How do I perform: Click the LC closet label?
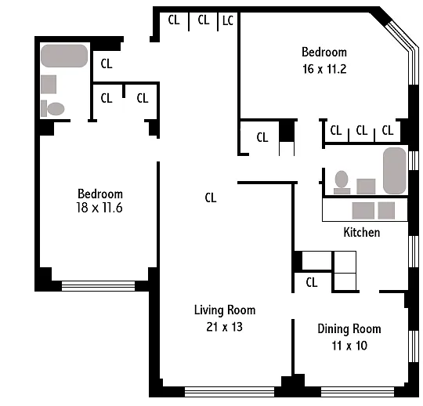[228, 20]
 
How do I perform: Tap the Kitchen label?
[362, 233]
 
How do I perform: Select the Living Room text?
[225, 310]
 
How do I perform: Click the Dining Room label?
[349, 328]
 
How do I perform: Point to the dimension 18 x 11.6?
[99, 208]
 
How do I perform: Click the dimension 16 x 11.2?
[324, 69]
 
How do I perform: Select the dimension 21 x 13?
[225, 327]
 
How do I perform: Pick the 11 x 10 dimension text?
[349, 346]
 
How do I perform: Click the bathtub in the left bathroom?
[64, 56]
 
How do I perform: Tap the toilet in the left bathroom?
[52, 108]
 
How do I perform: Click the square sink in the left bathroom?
[49, 84]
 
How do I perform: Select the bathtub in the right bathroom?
[394, 171]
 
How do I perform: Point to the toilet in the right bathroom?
[342, 182]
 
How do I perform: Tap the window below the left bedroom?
[98, 286]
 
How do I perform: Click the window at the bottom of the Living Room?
[230, 392]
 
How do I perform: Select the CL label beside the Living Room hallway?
[211, 198]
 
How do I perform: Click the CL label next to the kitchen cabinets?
[312, 282]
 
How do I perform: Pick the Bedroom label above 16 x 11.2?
[324, 52]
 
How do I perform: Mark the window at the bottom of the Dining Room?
[357, 392]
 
